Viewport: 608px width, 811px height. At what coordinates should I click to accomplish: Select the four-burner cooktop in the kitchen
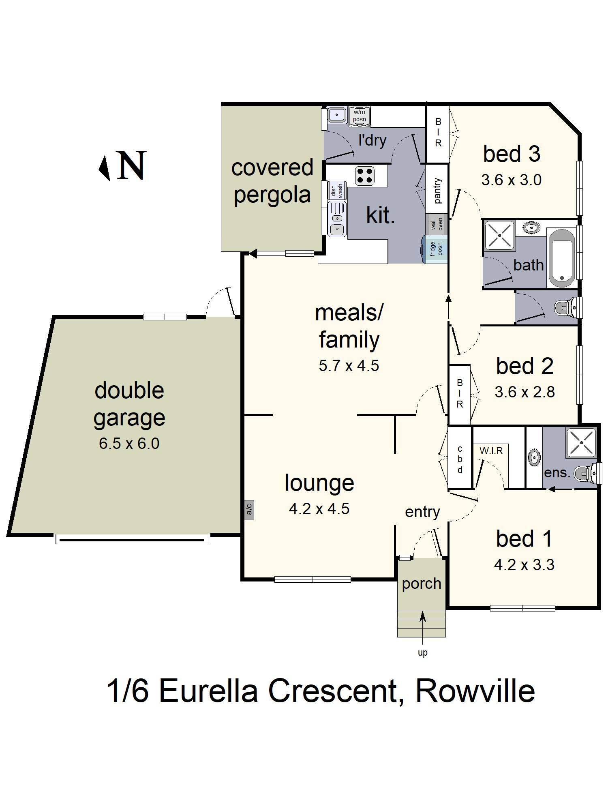364,176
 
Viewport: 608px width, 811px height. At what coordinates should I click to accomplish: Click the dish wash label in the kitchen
336,190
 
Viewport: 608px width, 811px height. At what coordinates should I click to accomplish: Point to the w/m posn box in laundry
359,116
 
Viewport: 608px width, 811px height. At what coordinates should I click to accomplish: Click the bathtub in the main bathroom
561,257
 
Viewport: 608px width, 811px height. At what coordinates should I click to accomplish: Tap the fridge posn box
435,249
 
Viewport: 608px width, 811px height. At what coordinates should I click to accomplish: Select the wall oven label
437,224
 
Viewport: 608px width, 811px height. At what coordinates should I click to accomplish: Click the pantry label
437,191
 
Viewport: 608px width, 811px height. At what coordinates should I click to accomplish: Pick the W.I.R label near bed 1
491,451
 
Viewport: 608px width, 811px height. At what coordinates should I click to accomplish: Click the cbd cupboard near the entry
460,459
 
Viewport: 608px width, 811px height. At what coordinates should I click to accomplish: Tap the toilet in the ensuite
586,473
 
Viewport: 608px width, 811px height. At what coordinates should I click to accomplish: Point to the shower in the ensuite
581,442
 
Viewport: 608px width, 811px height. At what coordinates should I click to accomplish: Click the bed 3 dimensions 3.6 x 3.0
511,180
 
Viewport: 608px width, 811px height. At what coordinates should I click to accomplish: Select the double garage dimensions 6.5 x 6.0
129,444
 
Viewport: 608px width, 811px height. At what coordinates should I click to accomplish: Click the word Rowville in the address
475,691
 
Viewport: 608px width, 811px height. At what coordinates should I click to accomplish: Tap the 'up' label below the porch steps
422,653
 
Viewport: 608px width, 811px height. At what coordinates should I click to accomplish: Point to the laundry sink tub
336,115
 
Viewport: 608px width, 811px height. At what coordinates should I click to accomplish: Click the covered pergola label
272,181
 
